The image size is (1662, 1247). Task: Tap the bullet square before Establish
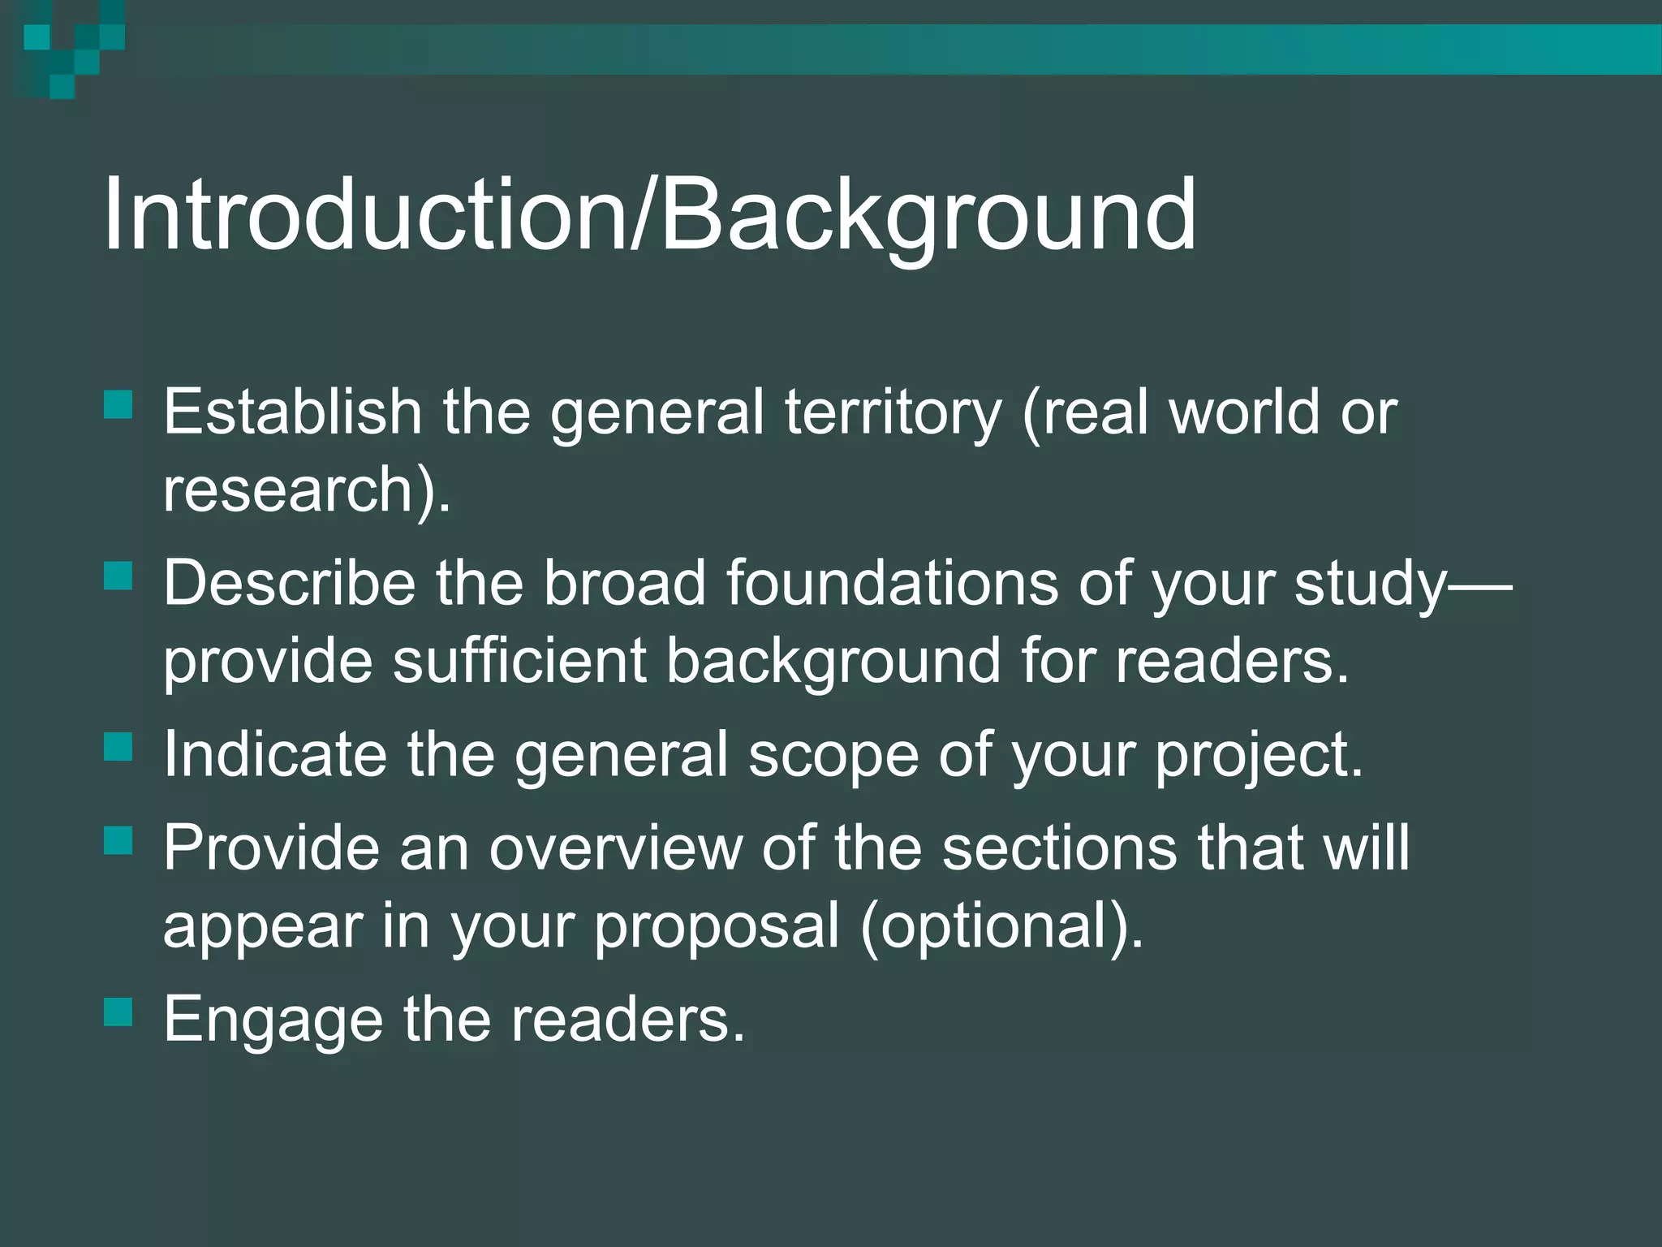(118, 404)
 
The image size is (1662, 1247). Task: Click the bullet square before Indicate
(118, 747)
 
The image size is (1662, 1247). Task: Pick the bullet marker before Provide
(118, 840)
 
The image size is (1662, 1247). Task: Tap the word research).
(307, 490)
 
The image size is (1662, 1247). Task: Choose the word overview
(616, 848)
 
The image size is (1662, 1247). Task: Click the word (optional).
(1001, 927)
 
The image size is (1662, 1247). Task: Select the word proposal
(717, 927)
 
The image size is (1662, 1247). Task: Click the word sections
(1060, 848)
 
